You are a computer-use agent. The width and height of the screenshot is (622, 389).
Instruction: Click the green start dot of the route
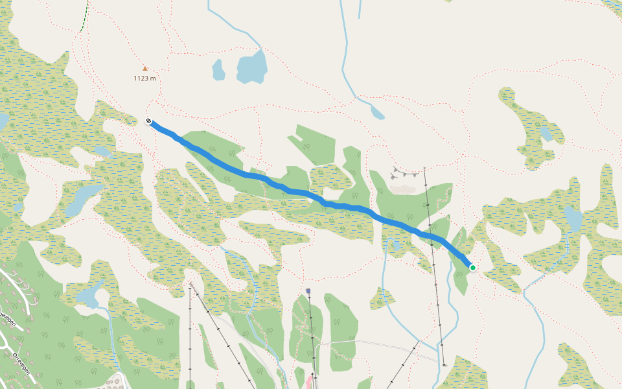coord(473,268)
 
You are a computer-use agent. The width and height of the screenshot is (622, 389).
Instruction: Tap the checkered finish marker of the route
coord(149,121)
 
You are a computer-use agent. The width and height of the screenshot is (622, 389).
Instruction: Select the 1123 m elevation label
coord(144,78)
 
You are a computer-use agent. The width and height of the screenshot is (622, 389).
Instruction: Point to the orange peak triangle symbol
coord(145,68)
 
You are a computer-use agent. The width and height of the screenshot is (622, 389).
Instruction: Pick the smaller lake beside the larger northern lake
coord(218,69)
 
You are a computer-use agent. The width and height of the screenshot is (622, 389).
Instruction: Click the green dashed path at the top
coord(85,16)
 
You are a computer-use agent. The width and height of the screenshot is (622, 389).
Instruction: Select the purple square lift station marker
coord(308,291)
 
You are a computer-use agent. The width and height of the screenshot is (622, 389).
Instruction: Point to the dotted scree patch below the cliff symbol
coord(402,189)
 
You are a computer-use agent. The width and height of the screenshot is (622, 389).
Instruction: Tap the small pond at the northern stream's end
coord(377,113)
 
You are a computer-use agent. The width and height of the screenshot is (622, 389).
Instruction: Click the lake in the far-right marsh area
coord(573,219)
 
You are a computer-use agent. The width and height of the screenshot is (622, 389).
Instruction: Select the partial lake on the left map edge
coord(3,121)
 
